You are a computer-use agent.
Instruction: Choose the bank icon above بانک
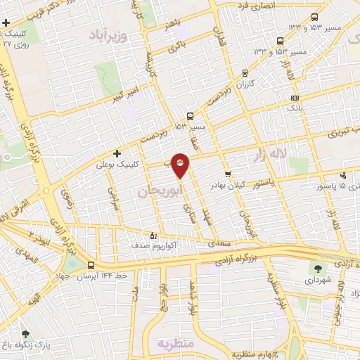point(295,98)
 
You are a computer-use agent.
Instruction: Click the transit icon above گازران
point(245,72)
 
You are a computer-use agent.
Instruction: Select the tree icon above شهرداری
point(317,267)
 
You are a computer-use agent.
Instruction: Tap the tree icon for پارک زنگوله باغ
point(25,334)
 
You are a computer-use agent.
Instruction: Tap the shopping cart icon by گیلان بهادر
point(227,174)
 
